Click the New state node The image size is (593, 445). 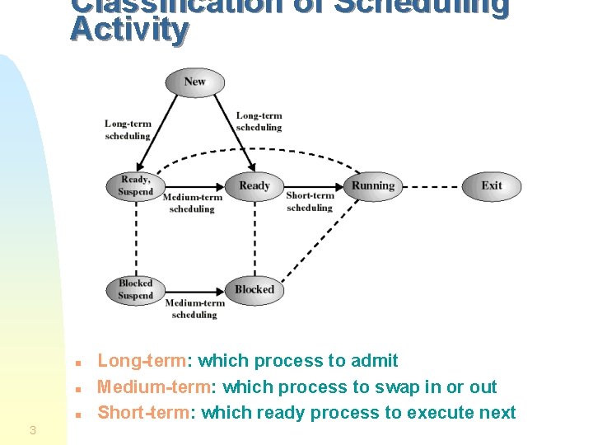pos(195,82)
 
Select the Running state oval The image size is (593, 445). pos(373,185)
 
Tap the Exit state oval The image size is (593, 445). pos(492,185)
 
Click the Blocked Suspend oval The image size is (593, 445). pos(135,289)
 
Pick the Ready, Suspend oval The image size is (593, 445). pos(136,185)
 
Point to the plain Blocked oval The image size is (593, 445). pos(254,289)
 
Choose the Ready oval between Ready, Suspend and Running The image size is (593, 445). pos(254,185)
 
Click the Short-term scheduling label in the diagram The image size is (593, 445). pos(310,202)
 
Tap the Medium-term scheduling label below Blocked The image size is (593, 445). pos(194,309)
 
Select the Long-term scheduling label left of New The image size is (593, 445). pos(128,130)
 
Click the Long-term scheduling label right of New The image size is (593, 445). pos(259,122)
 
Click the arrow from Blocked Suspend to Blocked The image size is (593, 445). pos(194,290)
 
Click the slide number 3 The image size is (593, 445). pos(32,429)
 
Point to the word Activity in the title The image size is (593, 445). pos(129,30)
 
